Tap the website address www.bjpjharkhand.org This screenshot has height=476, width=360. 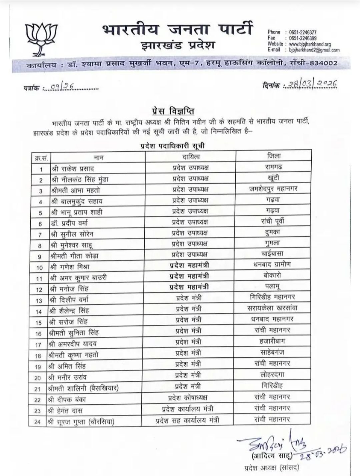tap(310, 44)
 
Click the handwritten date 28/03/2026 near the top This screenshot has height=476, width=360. tap(310, 84)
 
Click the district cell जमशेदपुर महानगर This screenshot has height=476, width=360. tap(273, 189)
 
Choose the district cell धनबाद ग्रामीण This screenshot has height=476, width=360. tap(272, 264)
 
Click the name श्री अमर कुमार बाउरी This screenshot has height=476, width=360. tap(79, 278)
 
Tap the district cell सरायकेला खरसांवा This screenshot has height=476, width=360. tap(273, 308)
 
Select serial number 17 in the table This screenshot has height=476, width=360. tap(38, 345)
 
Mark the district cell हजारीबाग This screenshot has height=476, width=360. tap(272, 341)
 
